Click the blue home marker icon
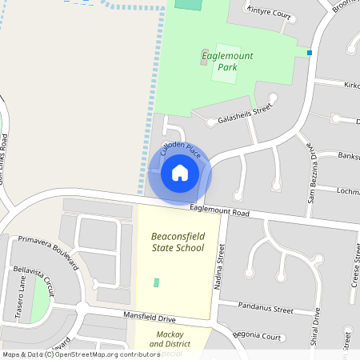pos(180,173)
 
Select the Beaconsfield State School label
pos(178,242)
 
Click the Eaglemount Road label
pos(220,211)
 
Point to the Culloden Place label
pos(179,150)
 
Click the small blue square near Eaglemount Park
pos(309,53)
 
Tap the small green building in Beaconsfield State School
pos(156,282)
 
